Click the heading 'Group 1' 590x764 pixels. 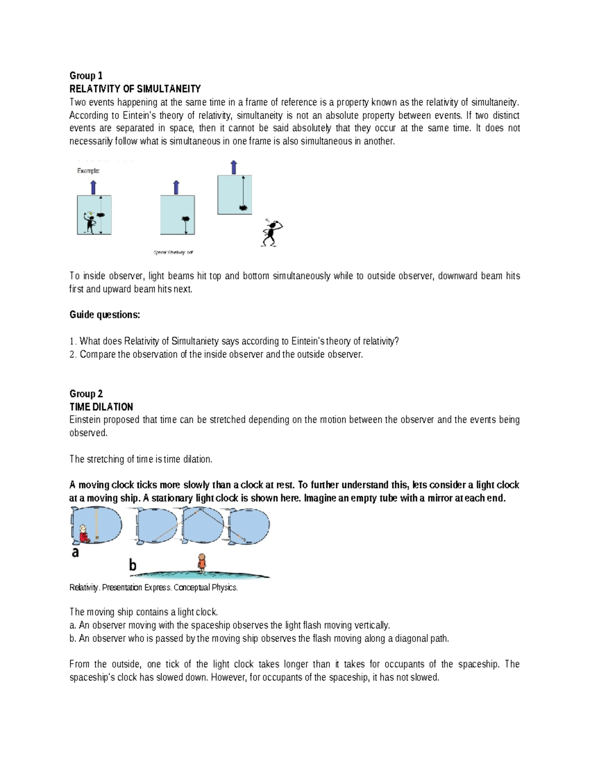click(x=86, y=75)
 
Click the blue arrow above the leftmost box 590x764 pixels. click(x=93, y=187)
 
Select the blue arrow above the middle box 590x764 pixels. click(x=177, y=187)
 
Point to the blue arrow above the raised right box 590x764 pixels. click(x=234, y=167)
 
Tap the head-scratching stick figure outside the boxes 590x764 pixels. click(x=271, y=233)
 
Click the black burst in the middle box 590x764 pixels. click(x=186, y=219)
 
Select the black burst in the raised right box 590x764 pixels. click(x=242, y=208)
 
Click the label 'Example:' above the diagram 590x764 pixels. click(x=88, y=171)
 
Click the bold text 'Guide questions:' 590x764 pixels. click(x=105, y=315)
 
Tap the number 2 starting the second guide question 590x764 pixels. click(x=72, y=354)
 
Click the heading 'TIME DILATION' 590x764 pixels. click(x=101, y=407)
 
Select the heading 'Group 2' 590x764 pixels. click(x=86, y=394)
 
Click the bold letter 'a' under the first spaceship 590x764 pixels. click(x=75, y=552)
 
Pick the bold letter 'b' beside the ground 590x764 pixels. click(x=133, y=565)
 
